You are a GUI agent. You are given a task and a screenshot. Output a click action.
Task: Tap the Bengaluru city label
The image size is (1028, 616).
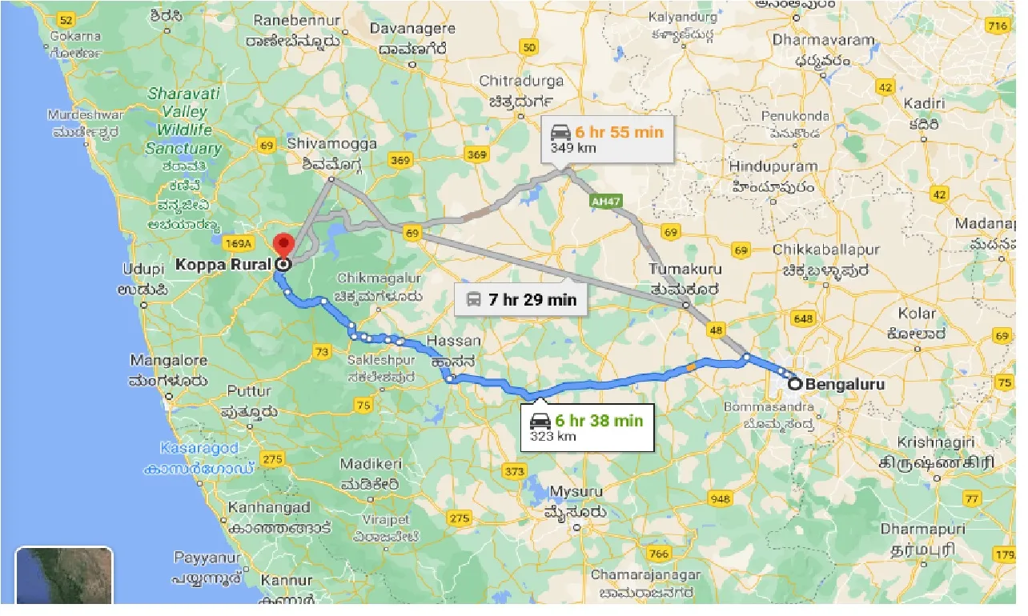point(845,385)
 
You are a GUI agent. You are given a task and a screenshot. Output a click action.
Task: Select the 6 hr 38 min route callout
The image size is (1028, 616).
point(592,427)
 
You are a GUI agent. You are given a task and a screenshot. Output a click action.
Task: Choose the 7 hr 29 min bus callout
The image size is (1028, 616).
point(521,300)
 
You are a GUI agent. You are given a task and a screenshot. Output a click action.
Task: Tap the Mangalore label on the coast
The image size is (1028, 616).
point(168,361)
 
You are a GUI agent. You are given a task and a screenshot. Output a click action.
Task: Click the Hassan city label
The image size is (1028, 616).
point(454,341)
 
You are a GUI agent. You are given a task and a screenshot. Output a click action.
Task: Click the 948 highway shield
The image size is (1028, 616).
point(720,499)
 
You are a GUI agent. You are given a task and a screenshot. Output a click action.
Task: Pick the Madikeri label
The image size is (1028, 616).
point(369,465)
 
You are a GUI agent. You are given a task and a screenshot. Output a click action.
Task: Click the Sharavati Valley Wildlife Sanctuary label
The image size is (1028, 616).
point(183,121)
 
